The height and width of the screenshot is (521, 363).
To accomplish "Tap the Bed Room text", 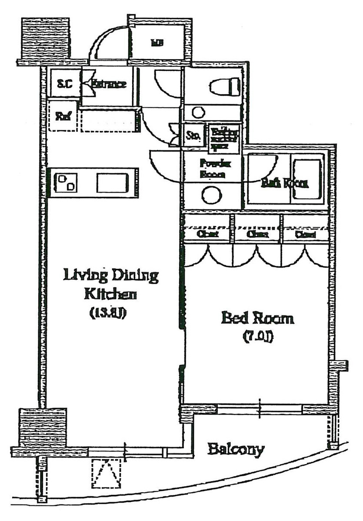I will pyautogui.click(x=257, y=319).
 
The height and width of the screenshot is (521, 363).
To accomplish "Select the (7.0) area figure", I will pyautogui.click(x=257, y=337).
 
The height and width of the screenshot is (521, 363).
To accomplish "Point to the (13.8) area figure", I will pyautogui.click(x=108, y=312).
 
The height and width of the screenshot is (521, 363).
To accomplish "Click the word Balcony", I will pyautogui.click(x=236, y=449).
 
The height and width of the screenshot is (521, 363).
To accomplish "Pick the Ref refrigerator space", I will pyautogui.click(x=63, y=116).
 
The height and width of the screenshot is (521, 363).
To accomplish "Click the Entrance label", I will pyautogui.click(x=109, y=83).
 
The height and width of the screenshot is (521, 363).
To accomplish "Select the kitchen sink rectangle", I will pyautogui.click(x=113, y=183).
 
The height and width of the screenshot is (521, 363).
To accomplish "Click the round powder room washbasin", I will pyautogui.click(x=212, y=195).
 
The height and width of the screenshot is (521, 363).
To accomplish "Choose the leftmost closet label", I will pyautogui.click(x=207, y=234).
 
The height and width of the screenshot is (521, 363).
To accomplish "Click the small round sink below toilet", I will pyautogui.click(x=199, y=113).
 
